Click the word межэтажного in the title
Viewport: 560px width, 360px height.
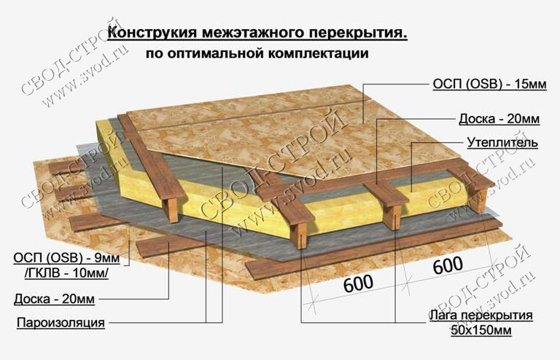click(252, 33)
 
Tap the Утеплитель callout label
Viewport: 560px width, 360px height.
click(502, 143)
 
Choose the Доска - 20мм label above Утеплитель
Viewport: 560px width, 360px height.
click(499, 119)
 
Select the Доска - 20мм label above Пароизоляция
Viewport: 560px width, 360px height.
click(54, 299)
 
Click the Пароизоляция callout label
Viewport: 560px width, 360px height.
click(61, 323)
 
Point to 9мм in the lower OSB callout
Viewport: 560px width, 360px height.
click(105, 257)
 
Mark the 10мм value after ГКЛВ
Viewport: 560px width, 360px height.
click(89, 274)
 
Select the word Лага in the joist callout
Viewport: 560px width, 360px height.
click(443, 316)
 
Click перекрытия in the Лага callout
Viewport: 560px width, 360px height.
click(497, 316)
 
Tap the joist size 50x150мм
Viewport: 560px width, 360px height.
click(481, 330)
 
